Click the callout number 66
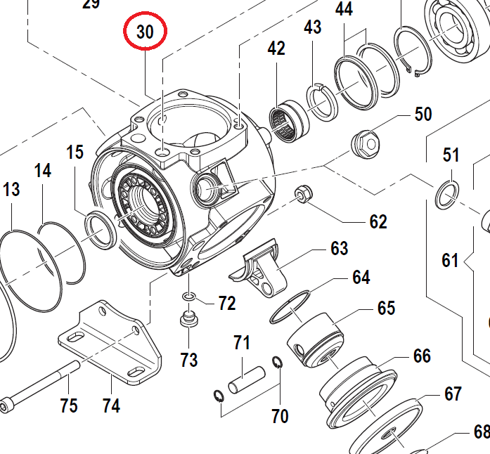pyautogui.click(x=422, y=356)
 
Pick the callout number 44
pyautogui.click(x=344, y=10)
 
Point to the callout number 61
pyautogui.click(x=450, y=261)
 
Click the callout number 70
pyautogui.click(x=279, y=416)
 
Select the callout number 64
pyautogui.click(x=361, y=277)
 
